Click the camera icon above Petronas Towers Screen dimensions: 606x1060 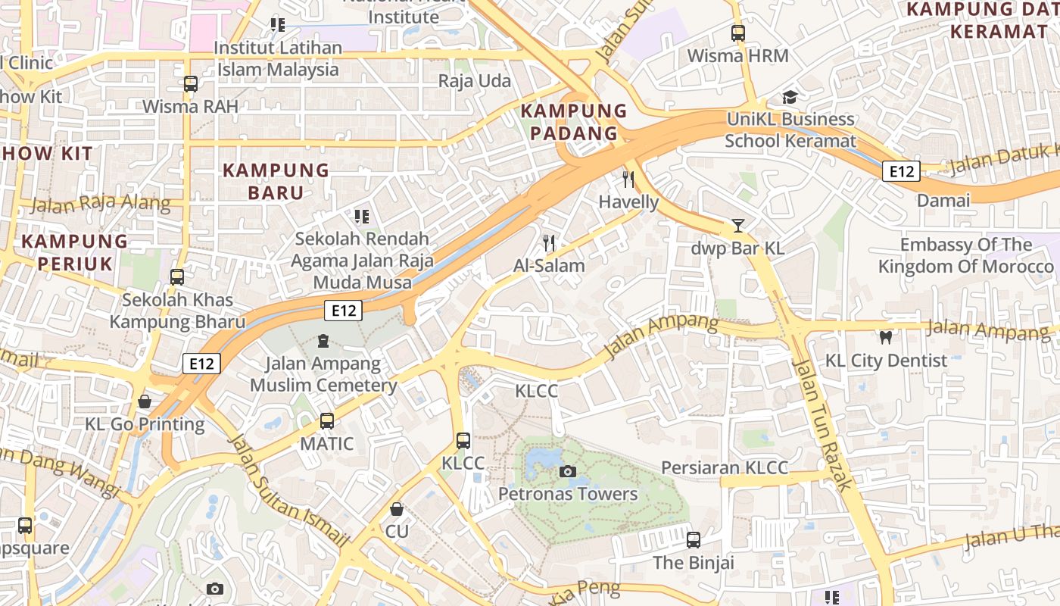click(567, 472)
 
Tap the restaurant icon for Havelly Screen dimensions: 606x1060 click(628, 180)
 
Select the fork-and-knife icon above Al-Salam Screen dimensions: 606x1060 click(550, 243)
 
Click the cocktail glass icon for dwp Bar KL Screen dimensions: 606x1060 click(738, 226)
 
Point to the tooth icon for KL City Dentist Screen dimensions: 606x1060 click(885, 337)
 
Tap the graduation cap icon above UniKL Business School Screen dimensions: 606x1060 click(790, 97)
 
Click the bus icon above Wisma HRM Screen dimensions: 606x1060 click(738, 33)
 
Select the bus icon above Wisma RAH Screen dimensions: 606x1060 click(191, 84)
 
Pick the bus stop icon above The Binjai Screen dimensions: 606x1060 click(694, 540)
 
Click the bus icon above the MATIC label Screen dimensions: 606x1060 click(327, 421)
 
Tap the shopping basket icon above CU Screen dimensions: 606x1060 click(397, 509)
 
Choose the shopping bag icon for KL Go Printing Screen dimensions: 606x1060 click(145, 401)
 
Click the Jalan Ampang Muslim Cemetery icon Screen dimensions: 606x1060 click(324, 341)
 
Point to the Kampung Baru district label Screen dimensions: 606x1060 click(276, 181)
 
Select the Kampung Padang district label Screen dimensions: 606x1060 click(574, 122)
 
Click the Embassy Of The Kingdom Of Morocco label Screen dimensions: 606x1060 click(965, 255)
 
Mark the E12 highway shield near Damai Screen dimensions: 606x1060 click(901, 172)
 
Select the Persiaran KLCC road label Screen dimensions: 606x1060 click(725, 467)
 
